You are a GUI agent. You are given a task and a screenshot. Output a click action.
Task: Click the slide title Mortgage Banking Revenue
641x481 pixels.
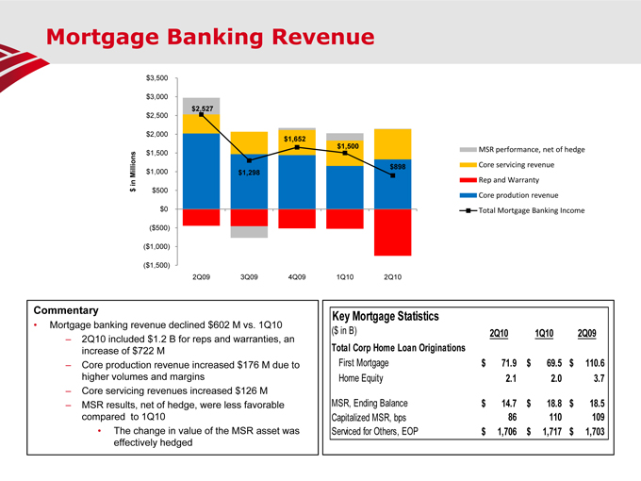(210, 38)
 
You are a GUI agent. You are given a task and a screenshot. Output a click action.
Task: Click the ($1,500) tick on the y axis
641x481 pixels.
(155, 265)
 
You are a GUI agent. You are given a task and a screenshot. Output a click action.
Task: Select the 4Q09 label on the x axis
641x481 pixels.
(297, 277)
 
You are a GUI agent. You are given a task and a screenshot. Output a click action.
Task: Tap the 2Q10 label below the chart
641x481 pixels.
(392, 277)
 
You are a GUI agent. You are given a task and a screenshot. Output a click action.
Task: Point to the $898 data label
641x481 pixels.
(398, 167)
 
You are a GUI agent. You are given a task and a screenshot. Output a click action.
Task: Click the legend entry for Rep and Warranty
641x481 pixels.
(509, 179)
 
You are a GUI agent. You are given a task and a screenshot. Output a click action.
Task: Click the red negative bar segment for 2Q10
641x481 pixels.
(392, 232)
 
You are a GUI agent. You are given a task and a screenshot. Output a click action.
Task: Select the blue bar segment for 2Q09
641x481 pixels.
(202, 171)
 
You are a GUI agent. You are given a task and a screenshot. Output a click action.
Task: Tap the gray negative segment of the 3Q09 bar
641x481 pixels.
(249, 232)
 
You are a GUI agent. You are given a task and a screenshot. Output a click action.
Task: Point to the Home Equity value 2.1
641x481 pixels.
(508, 380)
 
